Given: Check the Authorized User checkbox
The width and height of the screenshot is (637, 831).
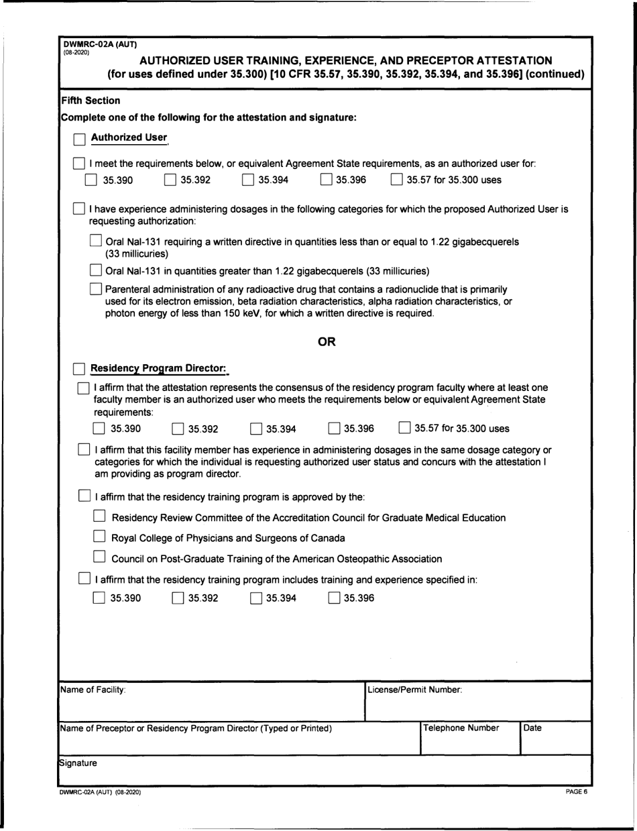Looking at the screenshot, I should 79,139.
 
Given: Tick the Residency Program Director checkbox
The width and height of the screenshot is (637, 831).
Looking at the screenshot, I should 79,369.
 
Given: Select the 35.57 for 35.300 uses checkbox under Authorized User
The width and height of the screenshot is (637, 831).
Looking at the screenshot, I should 397,180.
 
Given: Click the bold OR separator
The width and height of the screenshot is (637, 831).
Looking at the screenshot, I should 327,343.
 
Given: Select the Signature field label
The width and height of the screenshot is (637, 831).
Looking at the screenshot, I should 78,763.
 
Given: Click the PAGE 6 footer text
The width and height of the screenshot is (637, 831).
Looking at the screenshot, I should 576,793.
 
